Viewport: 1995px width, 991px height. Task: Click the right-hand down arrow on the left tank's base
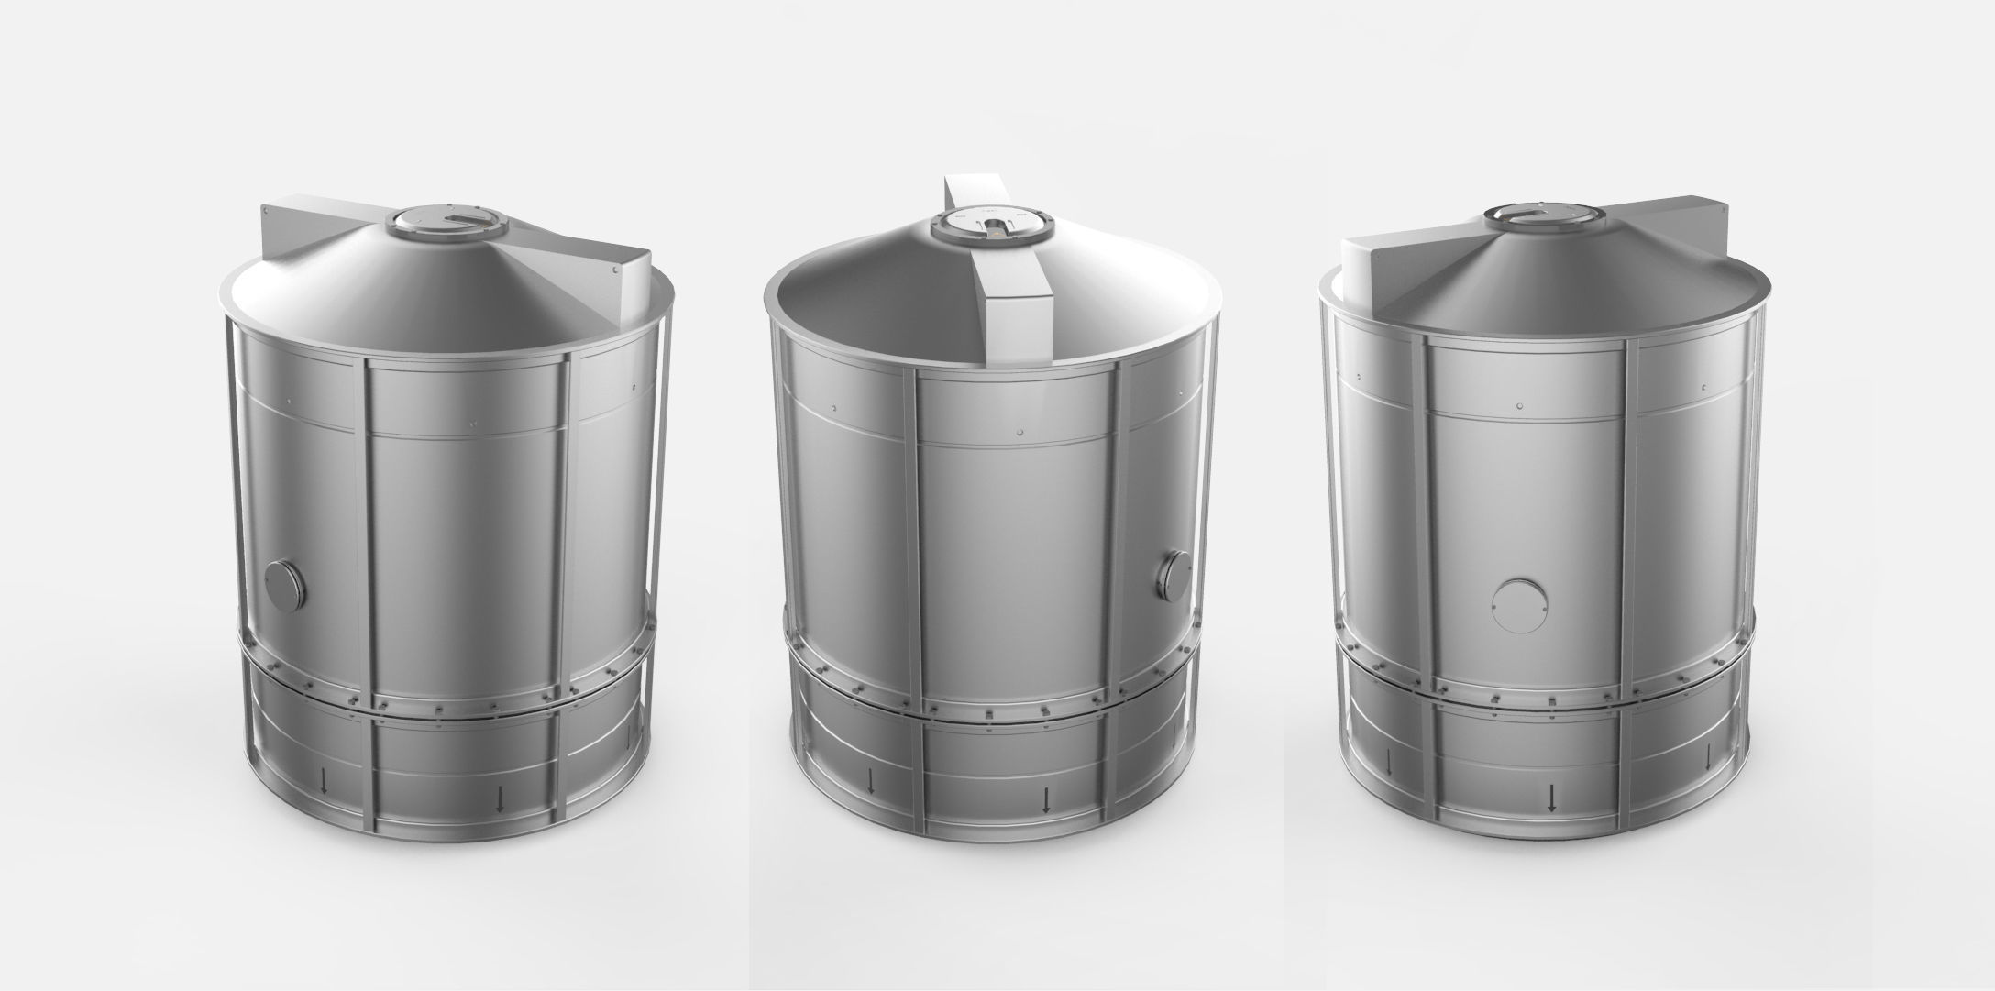pyautogui.click(x=500, y=801)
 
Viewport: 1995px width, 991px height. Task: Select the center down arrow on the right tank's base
pyautogui.click(x=1551, y=798)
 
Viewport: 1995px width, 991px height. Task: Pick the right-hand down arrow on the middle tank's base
pyautogui.click(x=1046, y=800)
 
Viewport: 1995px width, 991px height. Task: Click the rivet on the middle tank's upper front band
pyautogui.click(x=1021, y=430)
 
